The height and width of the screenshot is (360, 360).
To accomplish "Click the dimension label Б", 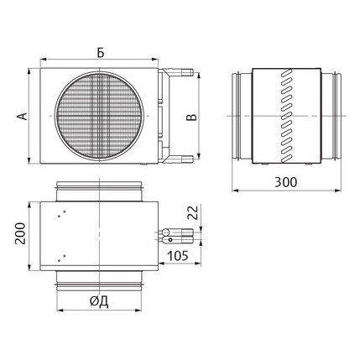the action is (101, 52).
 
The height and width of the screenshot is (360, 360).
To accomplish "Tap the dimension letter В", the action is (191, 117).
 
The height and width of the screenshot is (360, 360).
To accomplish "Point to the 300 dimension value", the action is (285, 182).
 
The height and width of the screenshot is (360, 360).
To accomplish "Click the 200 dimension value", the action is (20, 233).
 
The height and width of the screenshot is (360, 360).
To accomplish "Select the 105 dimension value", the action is (178, 256).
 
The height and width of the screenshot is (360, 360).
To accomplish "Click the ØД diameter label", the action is (99, 301).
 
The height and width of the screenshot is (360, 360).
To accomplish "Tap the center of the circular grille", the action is (99, 116).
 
